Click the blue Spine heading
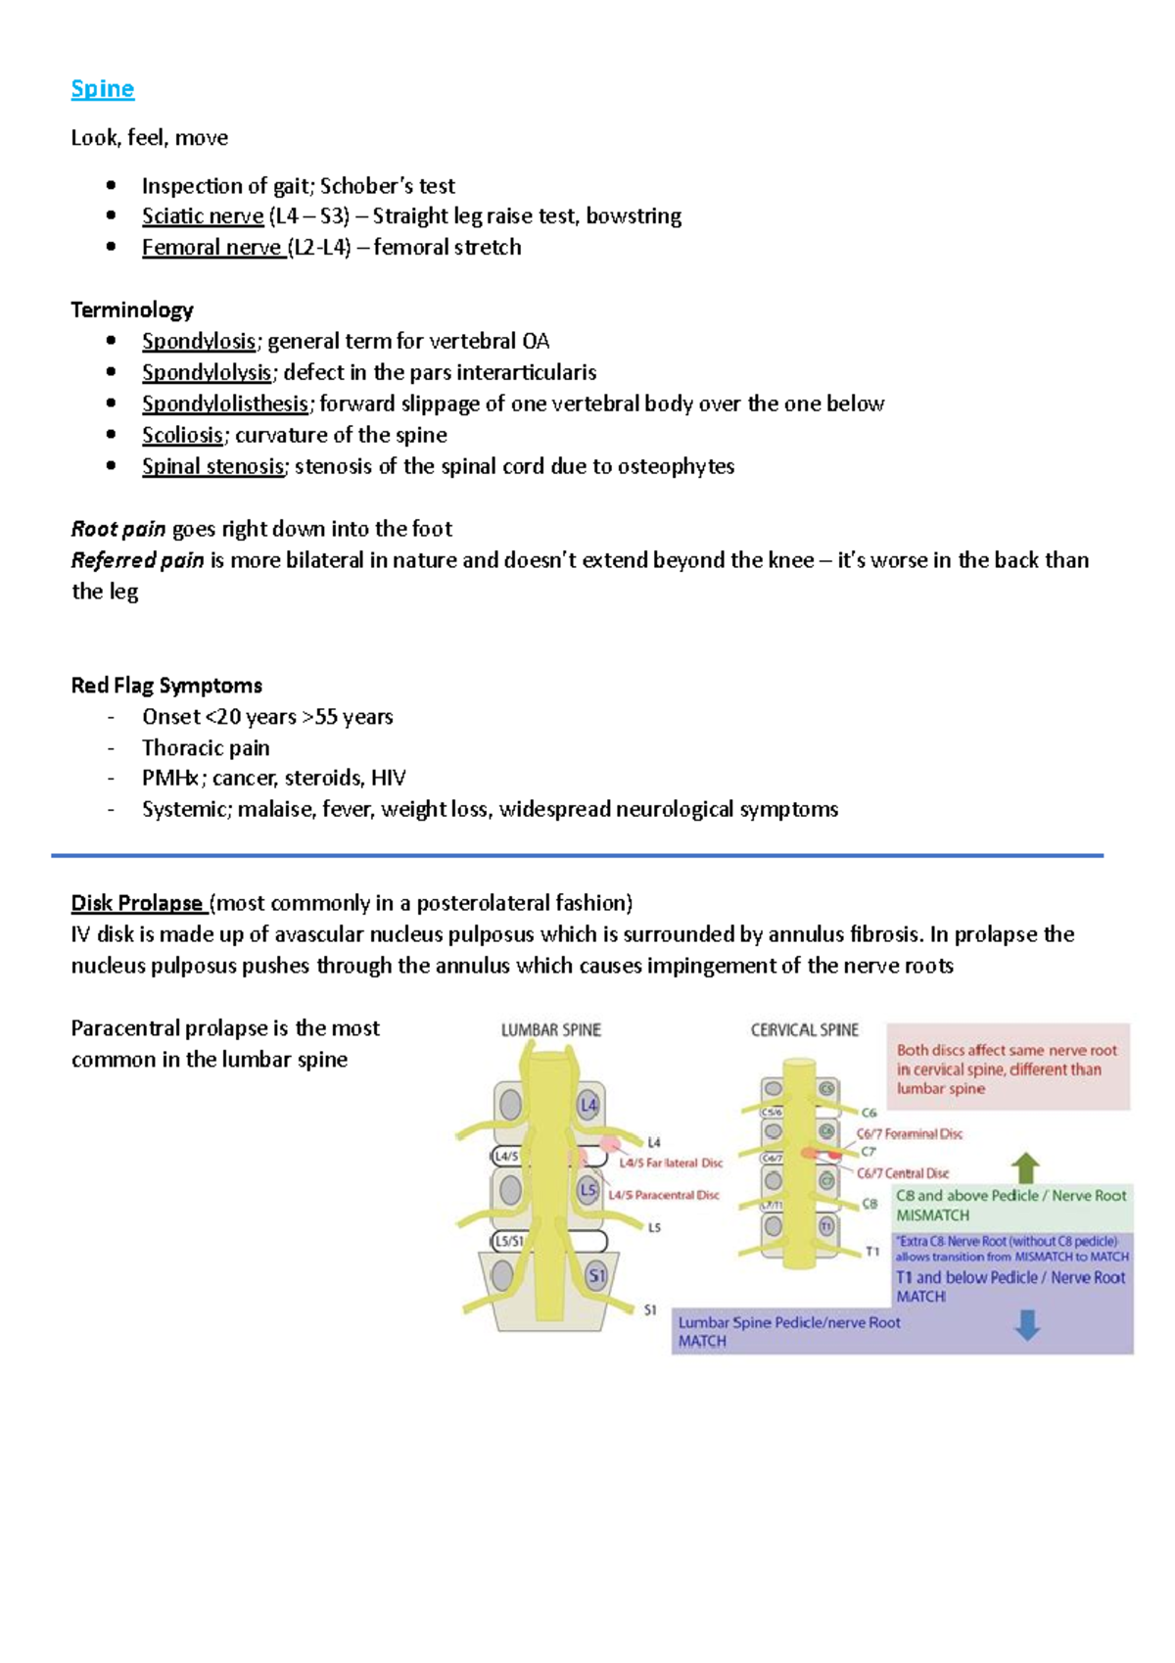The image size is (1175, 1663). click(102, 89)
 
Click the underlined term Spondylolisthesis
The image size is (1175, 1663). click(225, 404)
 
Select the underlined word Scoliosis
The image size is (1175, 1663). click(182, 435)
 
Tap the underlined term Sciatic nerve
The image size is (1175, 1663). click(202, 215)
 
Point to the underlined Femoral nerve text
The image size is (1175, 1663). click(211, 247)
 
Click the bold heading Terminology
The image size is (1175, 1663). click(132, 309)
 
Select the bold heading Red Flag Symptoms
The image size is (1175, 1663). click(166, 685)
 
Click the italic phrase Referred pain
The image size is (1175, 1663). click(137, 560)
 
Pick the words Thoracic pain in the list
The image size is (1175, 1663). click(206, 747)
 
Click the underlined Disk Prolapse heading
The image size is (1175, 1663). click(136, 902)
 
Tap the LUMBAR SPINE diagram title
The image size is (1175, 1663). click(550, 1029)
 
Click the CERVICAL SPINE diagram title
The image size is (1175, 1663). click(804, 1029)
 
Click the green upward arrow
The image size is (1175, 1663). click(1025, 1167)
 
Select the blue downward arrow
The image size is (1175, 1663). click(1027, 1325)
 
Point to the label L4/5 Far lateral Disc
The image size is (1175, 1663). click(671, 1163)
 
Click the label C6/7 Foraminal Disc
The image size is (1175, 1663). click(909, 1133)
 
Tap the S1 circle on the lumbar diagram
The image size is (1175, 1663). click(596, 1275)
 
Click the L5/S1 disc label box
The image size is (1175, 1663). click(508, 1241)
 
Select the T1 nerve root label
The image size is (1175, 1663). click(871, 1251)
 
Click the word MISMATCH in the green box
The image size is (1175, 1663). click(932, 1215)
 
